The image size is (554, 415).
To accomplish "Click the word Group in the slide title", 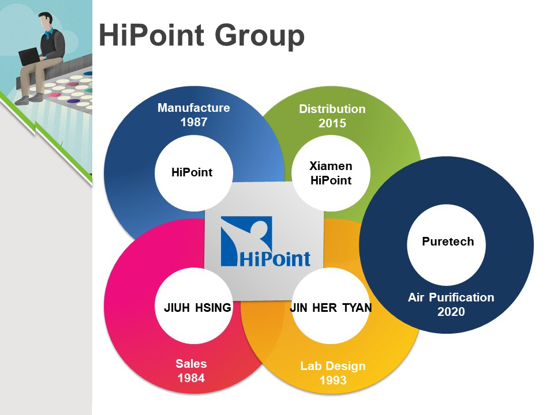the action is pos(259,36).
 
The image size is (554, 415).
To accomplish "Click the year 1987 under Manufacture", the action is pos(194,122).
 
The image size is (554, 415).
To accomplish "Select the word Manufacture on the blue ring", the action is pos(194,108).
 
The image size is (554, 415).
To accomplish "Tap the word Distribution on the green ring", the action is pos(332,109).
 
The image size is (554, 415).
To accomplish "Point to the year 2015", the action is pos(332,123).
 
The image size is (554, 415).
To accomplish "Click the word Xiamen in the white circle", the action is pos(331,166).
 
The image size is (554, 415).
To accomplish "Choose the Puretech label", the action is pos(448,242).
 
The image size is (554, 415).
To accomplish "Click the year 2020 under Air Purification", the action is pos(451,312).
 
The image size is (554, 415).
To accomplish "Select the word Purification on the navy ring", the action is pos(462,297).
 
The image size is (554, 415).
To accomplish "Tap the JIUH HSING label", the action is pos(197,308).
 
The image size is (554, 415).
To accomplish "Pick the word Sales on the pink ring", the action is pos(191,364).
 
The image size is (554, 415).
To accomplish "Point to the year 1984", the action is pos(191,378).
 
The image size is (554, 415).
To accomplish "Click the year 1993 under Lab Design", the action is pos(333,380).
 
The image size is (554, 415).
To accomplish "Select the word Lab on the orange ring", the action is pos(309,366).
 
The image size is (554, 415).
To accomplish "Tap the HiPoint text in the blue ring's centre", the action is pos(192,172).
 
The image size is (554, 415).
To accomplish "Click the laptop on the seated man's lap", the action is pos(29,56).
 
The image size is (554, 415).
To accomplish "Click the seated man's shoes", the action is pos(29,99).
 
